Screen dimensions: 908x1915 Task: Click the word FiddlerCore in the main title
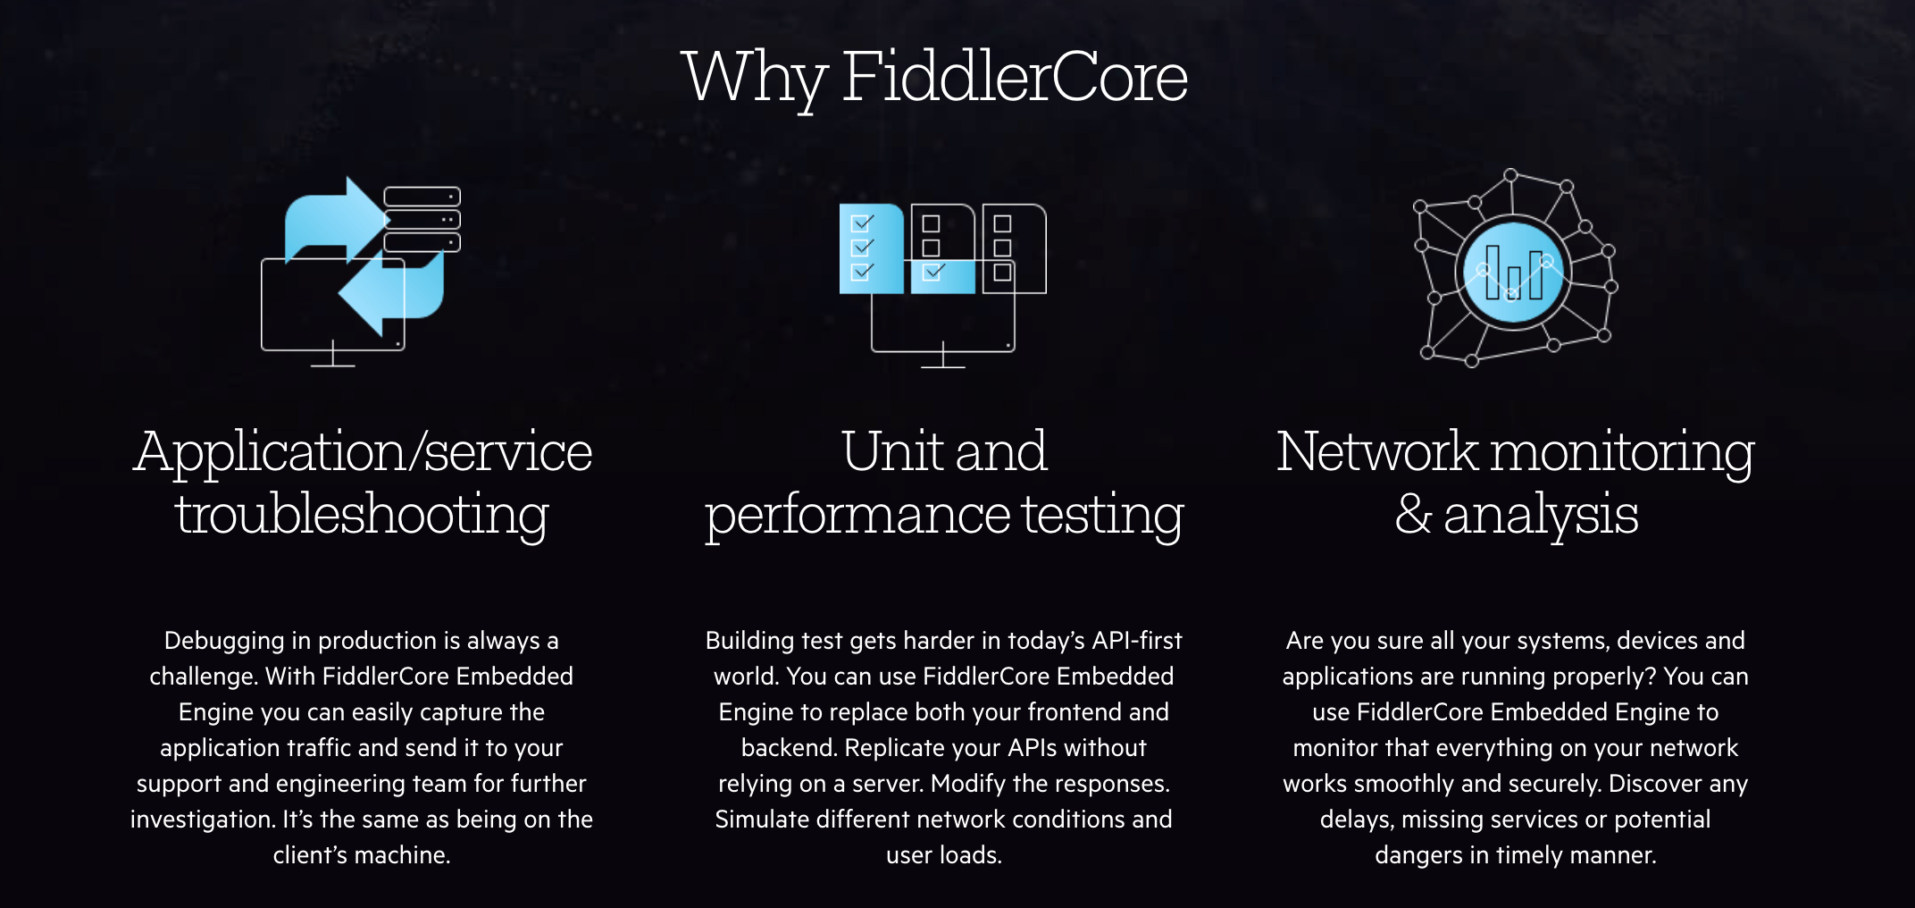[x=1014, y=78]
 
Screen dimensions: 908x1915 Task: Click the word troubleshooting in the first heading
[x=362, y=515]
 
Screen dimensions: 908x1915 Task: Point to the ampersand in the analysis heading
[x=1413, y=515]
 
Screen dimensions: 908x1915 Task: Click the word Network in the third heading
[x=1376, y=451]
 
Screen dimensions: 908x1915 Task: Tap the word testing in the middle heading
[x=1102, y=515]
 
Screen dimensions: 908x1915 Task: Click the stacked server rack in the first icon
[x=422, y=219]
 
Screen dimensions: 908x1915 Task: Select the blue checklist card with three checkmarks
[x=870, y=248]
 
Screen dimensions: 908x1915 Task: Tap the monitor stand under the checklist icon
[x=943, y=358]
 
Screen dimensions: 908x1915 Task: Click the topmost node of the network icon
[x=1510, y=175]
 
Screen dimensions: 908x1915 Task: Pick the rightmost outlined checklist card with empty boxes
[x=1014, y=248]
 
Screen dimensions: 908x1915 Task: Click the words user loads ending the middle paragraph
[x=943, y=855]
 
